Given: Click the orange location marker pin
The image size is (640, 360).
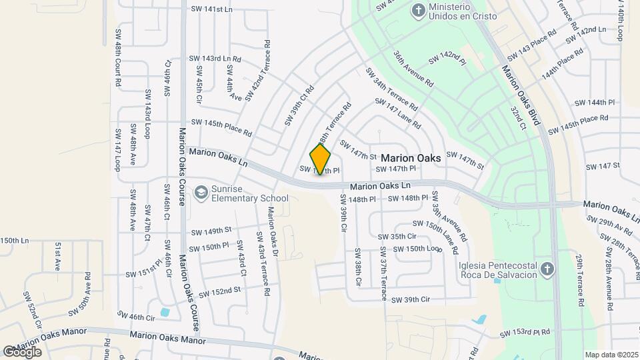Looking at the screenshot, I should pos(321,159).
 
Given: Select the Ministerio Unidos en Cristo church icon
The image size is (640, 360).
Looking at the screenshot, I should pos(418,10).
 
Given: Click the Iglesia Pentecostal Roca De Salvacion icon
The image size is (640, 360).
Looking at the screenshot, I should pos(547,269).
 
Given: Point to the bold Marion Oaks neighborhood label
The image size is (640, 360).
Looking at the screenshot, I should pos(411,159).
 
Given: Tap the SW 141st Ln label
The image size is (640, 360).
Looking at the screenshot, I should pos(211,9).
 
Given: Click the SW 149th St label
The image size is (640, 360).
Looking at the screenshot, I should pos(211,231).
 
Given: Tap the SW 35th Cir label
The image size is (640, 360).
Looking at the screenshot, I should pos(397,237).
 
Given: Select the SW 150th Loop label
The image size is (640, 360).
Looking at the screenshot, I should pos(418,249).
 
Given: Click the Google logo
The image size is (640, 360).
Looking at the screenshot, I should pos(22,351).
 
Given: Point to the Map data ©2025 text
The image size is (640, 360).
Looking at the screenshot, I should pos(611,355).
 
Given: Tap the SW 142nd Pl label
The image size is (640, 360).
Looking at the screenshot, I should pos(447,57).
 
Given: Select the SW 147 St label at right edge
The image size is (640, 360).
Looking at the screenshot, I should pos(603,165).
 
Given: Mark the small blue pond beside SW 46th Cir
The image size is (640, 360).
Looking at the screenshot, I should pos(165,311).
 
